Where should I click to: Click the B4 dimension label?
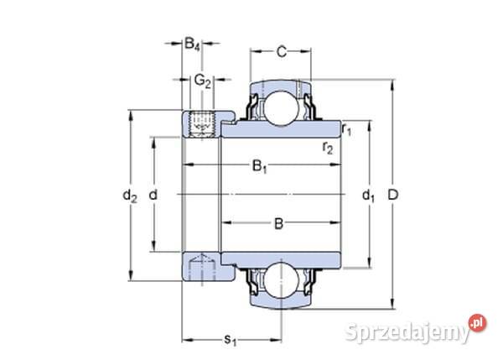coord(193,44)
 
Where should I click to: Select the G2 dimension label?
coord(202,81)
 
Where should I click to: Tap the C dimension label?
coord(282,52)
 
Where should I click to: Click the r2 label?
coord(328,149)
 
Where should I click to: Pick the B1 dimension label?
coord(260,168)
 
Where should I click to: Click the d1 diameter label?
coord(367,196)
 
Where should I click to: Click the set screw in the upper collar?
coord(200,125)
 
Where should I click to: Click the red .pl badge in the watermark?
coord(478,321)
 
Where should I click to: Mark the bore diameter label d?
coord(153,196)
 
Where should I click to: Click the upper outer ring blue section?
coord(279,85)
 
